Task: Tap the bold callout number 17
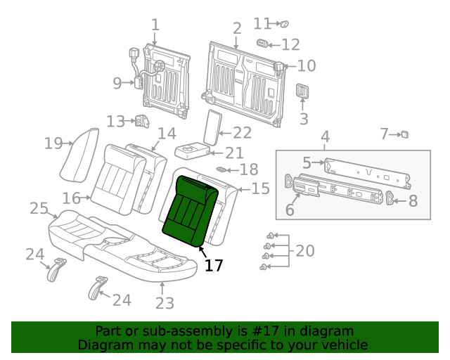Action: click(x=213, y=265)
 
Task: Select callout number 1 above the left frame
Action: click(x=155, y=25)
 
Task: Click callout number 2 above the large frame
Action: click(x=237, y=28)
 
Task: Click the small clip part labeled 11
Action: click(x=285, y=25)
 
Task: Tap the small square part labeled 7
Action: click(x=404, y=134)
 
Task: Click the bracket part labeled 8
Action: click(x=392, y=200)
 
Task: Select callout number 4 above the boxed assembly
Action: click(x=325, y=136)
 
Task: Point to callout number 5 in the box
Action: click(x=307, y=163)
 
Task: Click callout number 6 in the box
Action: click(x=290, y=210)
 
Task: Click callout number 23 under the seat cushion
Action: click(x=164, y=303)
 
